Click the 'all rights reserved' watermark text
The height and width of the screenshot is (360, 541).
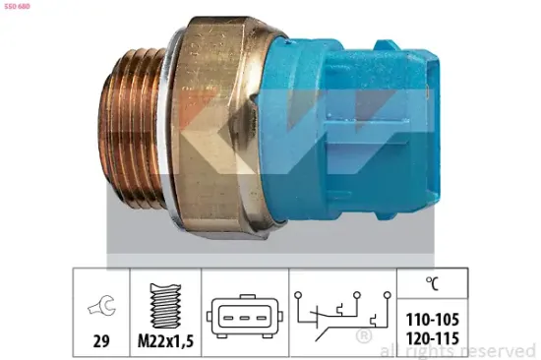click(457, 351)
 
